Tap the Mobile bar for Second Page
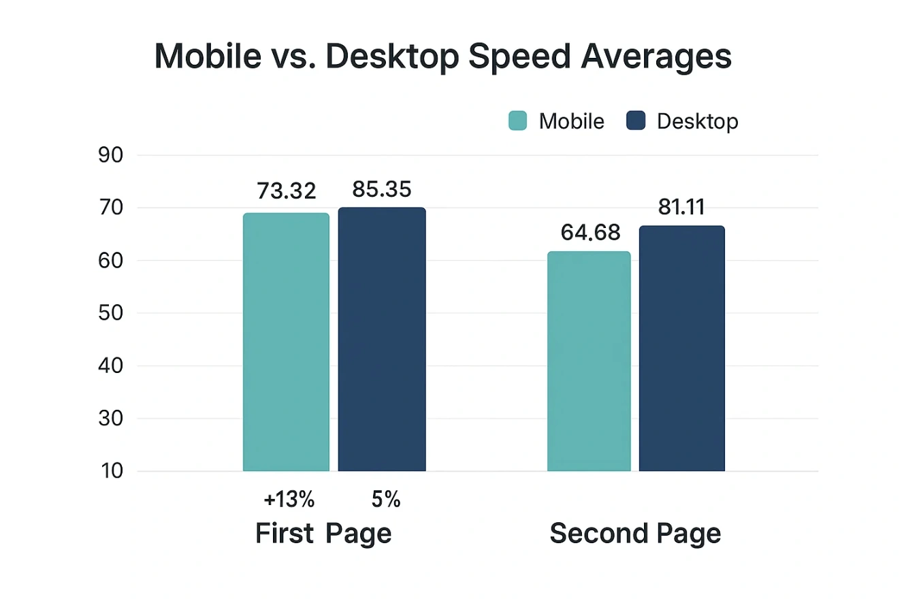[589, 361]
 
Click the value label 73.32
[287, 191]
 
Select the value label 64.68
[590, 233]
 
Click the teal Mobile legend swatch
[518, 121]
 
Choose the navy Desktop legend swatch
[635, 121]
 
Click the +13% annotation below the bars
[289, 500]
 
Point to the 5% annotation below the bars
[385, 500]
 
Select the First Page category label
[323, 534]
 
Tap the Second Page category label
[635, 534]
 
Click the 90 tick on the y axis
[110, 155]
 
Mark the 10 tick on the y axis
[110, 471]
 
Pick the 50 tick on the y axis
[110, 313]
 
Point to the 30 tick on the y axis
[110, 419]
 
